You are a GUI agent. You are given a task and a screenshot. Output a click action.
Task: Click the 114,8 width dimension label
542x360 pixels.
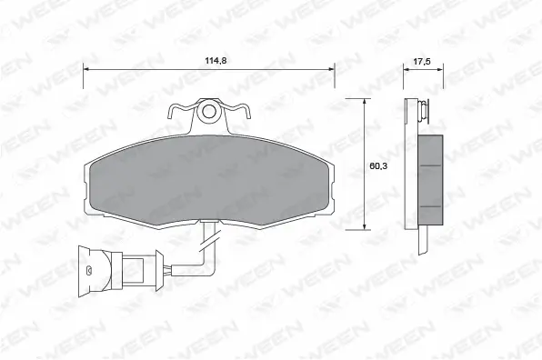[214, 60]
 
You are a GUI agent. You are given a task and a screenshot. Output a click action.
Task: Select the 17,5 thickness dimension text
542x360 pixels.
[420, 63]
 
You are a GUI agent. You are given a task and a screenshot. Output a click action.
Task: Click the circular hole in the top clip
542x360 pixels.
[210, 113]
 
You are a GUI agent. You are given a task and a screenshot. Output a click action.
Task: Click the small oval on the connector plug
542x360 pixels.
[88, 269]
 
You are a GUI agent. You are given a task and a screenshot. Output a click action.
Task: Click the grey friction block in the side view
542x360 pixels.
[431, 178]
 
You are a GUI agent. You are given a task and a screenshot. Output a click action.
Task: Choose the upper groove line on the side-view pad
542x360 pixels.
[431, 165]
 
